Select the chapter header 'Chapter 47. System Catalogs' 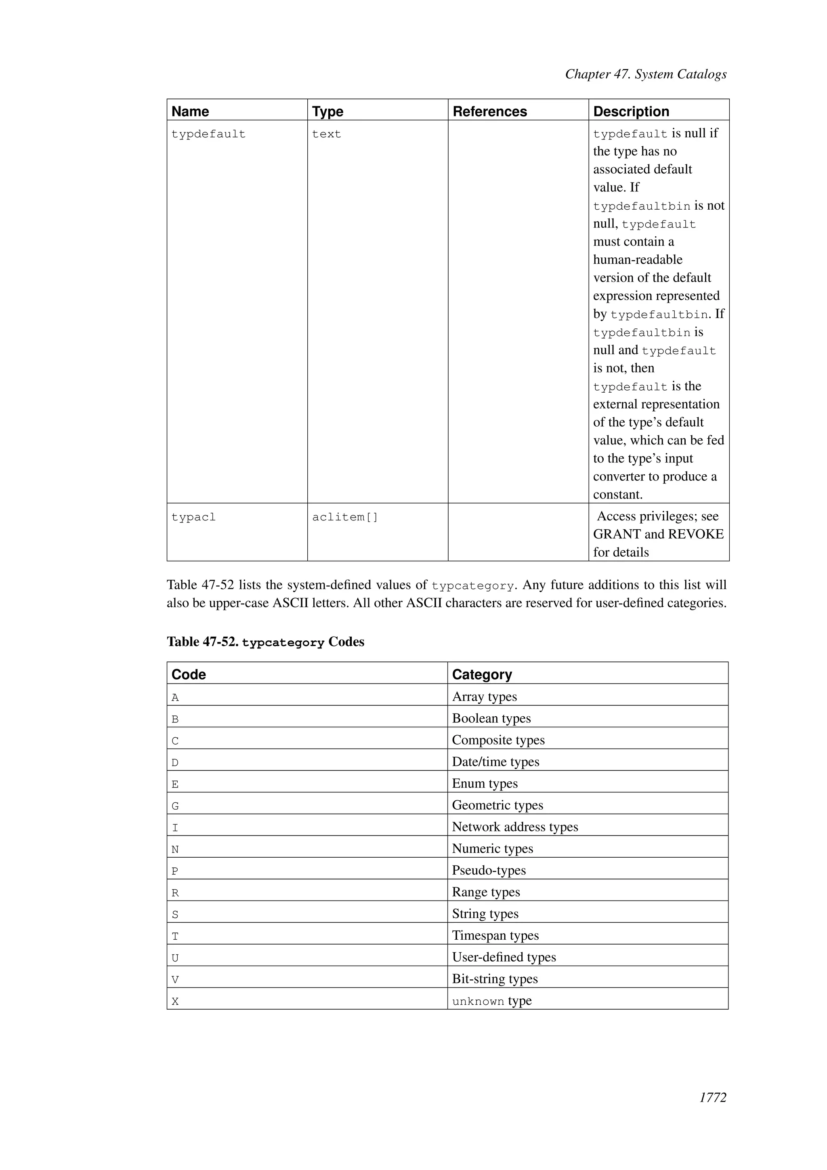[645, 74]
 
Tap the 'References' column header [489, 112]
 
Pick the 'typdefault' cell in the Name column [208, 134]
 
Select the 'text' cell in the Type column [326, 134]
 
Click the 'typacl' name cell [193, 517]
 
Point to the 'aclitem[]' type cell [345, 517]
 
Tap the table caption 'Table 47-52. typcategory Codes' [265, 642]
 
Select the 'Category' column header [481, 674]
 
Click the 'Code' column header [189, 674]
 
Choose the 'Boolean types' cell [491, 718]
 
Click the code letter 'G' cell [175, 806]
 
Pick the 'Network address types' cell [515, 827]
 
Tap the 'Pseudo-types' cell [488, 870]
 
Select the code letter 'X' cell [175, 1002]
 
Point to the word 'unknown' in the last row [478, 1002]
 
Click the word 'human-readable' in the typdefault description [638, 260]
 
